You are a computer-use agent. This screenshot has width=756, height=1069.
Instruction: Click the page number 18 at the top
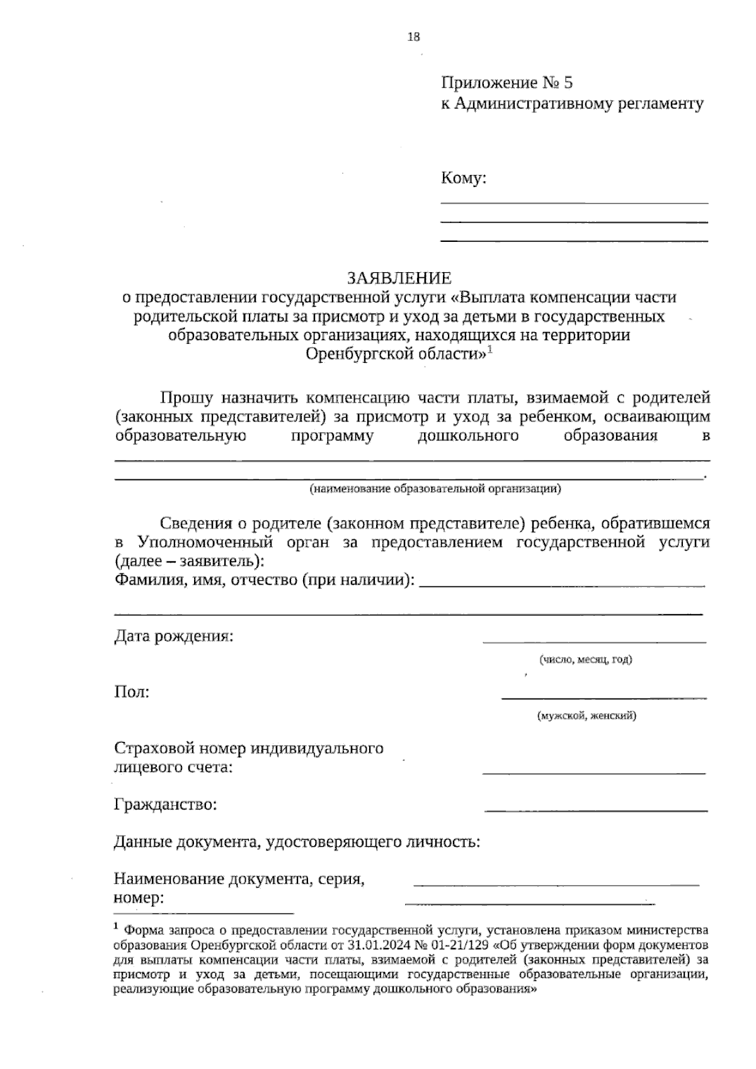413,37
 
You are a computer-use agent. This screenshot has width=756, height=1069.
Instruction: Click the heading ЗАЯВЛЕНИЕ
399,278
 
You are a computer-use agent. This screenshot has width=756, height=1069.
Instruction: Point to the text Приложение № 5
507,83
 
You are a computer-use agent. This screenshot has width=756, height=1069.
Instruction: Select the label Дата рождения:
174,636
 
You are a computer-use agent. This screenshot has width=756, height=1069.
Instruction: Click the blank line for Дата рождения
594,641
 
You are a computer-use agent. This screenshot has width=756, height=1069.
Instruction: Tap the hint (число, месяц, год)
585,660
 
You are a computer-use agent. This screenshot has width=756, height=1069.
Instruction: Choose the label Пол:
132,692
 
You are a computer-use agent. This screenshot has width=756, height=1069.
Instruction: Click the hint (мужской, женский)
586,716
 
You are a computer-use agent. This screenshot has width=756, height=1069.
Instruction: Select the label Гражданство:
166,804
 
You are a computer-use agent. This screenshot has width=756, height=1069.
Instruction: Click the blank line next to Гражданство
596,809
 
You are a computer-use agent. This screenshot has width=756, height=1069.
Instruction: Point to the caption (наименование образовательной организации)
435,488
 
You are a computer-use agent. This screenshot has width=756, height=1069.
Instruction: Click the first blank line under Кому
574,202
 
